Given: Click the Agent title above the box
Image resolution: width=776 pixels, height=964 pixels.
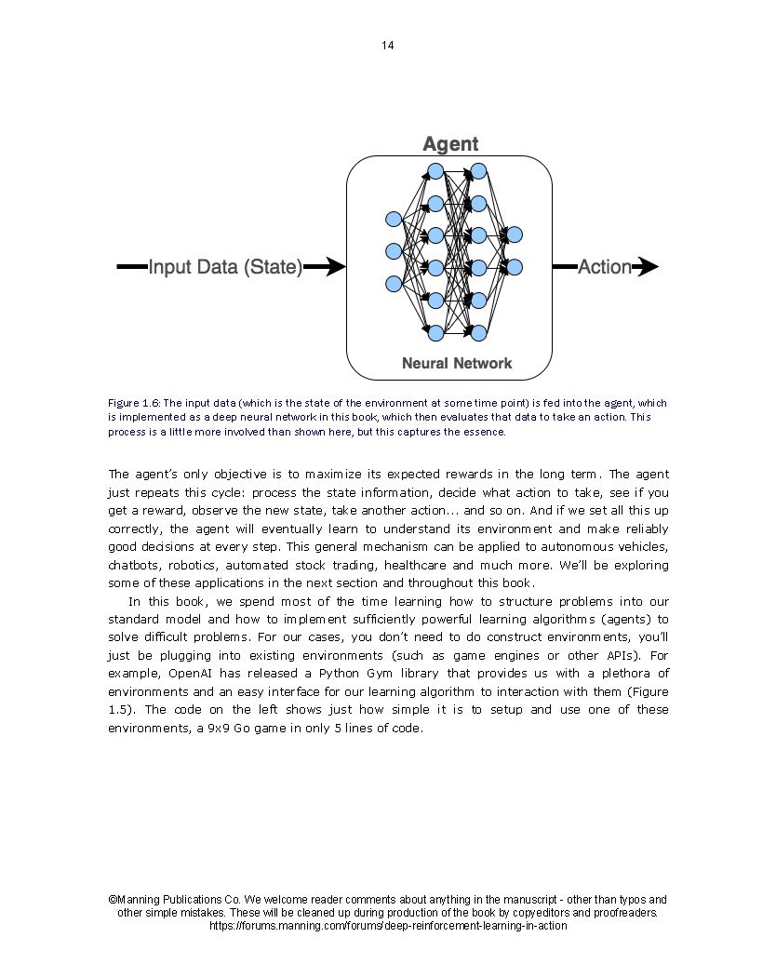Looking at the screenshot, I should point(450,143).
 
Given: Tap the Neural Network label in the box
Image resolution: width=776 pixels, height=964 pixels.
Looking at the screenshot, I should point(456,363).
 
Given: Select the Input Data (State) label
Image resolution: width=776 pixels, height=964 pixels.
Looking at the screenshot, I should point(225,268).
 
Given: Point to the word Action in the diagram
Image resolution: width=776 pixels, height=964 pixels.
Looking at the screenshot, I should point(604,268).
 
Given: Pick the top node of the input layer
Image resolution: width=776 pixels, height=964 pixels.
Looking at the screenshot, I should point(394,220).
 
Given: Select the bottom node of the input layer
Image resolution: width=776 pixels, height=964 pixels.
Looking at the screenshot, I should point(394,283).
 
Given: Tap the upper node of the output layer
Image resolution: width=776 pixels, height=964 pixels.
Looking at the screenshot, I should point(514,234).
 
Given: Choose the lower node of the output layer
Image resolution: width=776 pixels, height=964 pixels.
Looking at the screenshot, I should point(514,267).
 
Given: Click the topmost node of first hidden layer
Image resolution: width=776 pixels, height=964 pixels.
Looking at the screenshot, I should point(435,171).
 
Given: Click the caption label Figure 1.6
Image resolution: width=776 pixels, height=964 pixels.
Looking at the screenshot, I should point(134,403).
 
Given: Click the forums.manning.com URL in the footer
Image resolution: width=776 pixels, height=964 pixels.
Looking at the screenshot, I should point(387,926).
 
